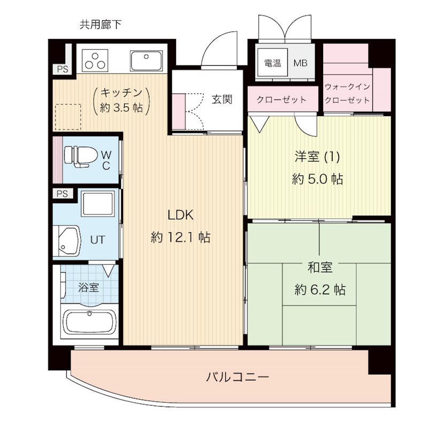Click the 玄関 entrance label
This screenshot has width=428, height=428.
click(x=221, y=99)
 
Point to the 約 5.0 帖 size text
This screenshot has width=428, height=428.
click(x=317, y=179)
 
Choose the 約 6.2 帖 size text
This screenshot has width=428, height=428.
click(x=319, y=290)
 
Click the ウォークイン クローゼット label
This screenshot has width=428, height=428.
click(x=347, y=93)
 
